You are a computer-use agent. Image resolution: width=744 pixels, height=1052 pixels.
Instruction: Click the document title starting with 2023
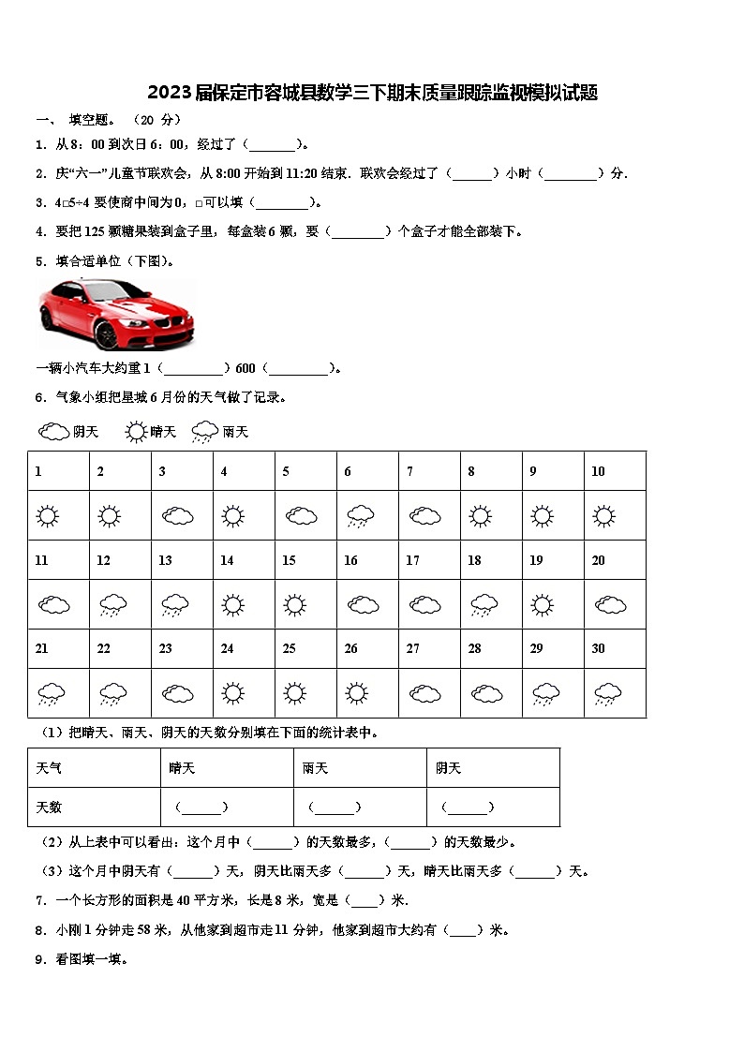(372, 92)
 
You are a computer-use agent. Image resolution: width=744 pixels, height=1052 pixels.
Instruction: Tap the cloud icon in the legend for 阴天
(54, 432)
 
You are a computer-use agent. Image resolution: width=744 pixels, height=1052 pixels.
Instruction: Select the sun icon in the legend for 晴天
(137, 432)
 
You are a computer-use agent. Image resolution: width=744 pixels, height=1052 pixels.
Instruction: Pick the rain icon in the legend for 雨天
(205, 432)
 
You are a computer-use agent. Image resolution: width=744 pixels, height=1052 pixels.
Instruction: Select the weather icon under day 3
(177, 516)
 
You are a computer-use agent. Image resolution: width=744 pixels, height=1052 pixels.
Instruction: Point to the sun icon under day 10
(604, 516)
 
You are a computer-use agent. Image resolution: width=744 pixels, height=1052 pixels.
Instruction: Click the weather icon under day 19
(543, 605)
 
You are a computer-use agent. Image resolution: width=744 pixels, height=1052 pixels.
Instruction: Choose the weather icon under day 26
(356, 693)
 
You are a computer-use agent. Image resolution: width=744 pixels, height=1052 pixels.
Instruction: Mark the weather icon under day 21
(52, 694)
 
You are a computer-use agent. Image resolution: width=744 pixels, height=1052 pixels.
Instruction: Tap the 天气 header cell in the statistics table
(50, 768)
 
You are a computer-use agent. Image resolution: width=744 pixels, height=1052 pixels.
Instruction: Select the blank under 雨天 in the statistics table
(334, 807)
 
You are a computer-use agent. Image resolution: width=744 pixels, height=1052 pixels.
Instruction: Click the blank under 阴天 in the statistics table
(467, 807)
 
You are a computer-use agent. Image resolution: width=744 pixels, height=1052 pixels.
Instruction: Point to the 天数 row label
(50, 807)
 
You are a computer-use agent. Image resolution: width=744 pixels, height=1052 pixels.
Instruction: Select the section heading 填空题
(92, 120)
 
